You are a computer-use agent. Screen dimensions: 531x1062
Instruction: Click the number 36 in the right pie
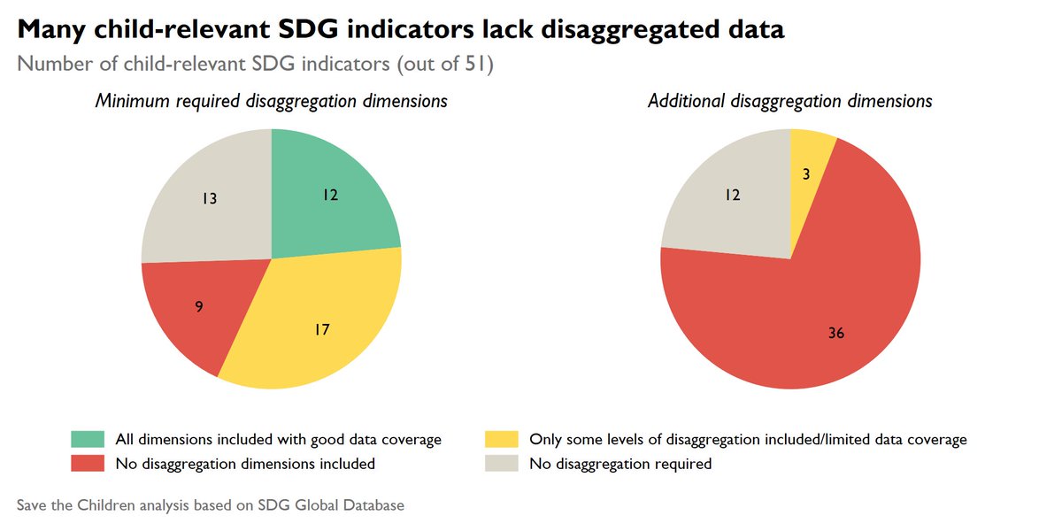pyautogui.click(x=836, y=334)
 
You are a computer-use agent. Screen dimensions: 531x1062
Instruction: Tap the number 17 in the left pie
pyautogui.click(x=322, y=329)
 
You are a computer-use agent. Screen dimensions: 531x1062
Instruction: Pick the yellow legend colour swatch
pyautogui.click(x=502, y=439)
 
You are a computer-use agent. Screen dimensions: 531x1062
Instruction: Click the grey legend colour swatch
pyautogui.click(x=502, y=463)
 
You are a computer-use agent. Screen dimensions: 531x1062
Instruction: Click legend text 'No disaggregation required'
pyautogui.click(x=619, y=463)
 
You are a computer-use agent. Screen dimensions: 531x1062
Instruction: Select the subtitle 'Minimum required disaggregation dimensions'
pyautogui.click(x=271, y=101)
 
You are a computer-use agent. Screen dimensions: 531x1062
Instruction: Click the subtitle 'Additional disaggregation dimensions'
pyautogui.click(x=789, y=101)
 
